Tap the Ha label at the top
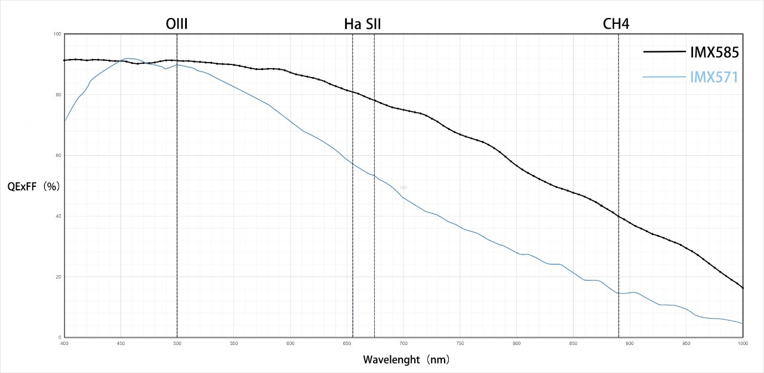[352, 24]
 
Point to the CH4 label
[617, 24]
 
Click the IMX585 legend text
[714, 53]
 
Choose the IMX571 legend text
[714, 77]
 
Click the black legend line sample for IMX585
[665, 52]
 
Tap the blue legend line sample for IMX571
[665, 76]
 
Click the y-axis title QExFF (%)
[33, 186]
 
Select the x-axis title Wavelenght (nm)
[406, 360]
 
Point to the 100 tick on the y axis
[58, 34]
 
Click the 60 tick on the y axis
[58, 155]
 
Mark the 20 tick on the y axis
[58, 277]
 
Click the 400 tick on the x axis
[64, 343]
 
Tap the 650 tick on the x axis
[347, 343]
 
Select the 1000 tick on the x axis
[743, 343]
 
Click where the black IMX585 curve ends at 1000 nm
[743, 288]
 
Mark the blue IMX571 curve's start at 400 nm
[64, 121]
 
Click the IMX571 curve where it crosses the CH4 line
[618, 293]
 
